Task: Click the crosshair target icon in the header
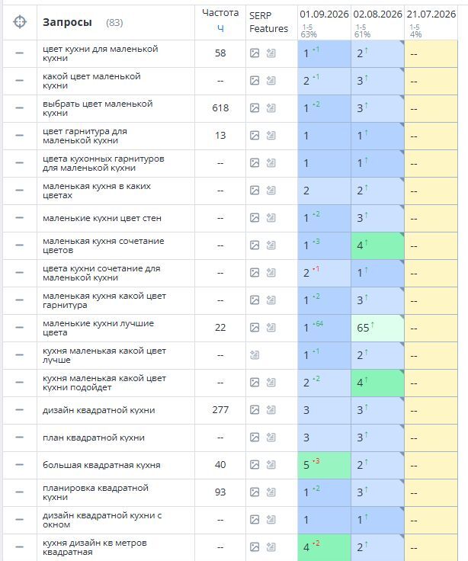coord(20,22)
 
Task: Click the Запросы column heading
coord(67,23)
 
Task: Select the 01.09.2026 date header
coord(324,14)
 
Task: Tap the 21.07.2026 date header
coord(431,14)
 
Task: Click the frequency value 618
coord(220,108)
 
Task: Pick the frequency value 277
coord(220,410)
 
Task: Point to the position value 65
coord(363,328)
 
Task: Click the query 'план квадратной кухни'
coord(94,438)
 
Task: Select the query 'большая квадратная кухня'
coord(101,465)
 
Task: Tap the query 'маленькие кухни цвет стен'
coord(102,218)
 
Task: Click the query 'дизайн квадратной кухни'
coord(99,410)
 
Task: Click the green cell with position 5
coord(324,465)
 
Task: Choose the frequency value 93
coord(220,492)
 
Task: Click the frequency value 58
coord(220,53)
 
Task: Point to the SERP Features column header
coord(268,22)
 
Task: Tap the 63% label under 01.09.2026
coord(309,34)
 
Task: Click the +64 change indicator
coord(318,324)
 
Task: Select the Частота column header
coord(220,13)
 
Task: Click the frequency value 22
coord(220,328)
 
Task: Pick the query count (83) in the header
coord(114,23)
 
